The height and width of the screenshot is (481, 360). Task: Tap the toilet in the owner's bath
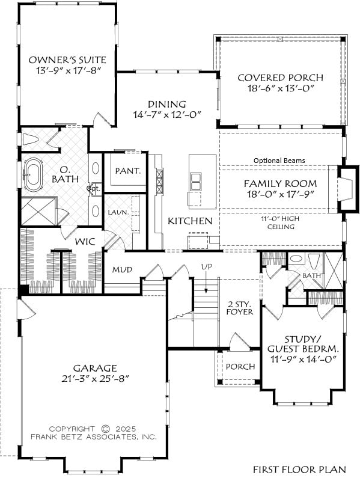[31, 139]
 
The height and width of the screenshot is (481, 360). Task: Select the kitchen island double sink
[195, 182]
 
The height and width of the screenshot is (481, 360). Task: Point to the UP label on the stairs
[206, 266]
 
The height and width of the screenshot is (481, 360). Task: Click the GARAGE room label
[95, 367]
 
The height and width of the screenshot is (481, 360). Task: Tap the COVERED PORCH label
[280, 78]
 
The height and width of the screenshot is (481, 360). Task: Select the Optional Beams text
[279, 161]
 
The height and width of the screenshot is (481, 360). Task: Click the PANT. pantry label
[127, 171]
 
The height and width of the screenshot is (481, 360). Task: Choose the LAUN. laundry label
[118, 212]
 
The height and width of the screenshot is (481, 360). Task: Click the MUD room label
[122, 269]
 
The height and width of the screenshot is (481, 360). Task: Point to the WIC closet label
[85, 242]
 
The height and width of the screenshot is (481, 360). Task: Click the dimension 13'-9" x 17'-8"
[69, 70]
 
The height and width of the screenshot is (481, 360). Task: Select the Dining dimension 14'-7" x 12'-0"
[167, 115]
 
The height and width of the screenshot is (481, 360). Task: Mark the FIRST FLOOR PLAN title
[299, 470]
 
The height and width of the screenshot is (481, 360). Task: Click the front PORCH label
[240, 367]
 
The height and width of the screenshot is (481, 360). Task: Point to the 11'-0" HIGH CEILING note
[281, 222]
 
